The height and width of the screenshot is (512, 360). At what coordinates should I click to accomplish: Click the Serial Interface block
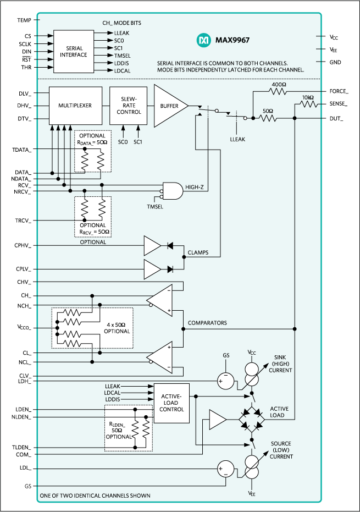(73, 52)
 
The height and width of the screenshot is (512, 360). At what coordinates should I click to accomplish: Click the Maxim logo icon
(204, 40)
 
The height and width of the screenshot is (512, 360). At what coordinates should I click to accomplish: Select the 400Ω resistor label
(279, 84)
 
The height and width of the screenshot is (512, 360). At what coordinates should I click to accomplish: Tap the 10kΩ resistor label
(308, 97)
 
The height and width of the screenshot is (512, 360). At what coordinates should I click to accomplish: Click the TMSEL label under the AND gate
(155, 207)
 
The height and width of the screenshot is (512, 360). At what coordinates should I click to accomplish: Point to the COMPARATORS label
(207, 323)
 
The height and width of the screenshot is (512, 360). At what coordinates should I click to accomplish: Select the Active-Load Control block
(171, 403)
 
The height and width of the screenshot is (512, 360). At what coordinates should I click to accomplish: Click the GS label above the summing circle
(225, 356)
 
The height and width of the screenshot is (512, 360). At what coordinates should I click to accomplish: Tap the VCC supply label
(252, 351)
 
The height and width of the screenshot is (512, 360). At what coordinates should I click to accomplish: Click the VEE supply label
(252, 494)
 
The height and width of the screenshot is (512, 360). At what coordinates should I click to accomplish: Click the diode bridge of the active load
(252, 420)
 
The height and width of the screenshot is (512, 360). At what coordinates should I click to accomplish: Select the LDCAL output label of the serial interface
(121, 70)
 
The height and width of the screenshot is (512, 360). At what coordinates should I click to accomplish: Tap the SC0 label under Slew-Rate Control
(123, 142)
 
